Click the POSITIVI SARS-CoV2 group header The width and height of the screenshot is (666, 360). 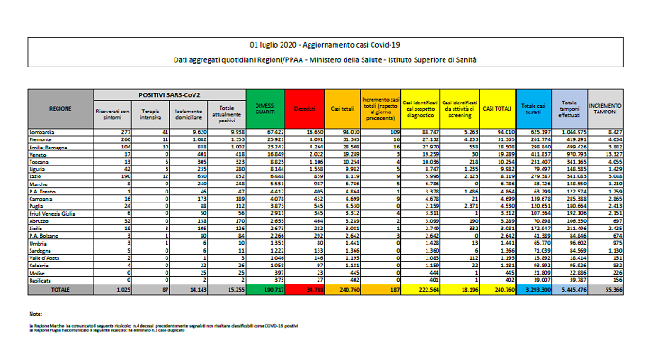click(170, 94)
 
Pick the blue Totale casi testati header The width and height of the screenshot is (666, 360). click(534, 109)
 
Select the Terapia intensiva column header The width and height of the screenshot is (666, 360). click(152, 112)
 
